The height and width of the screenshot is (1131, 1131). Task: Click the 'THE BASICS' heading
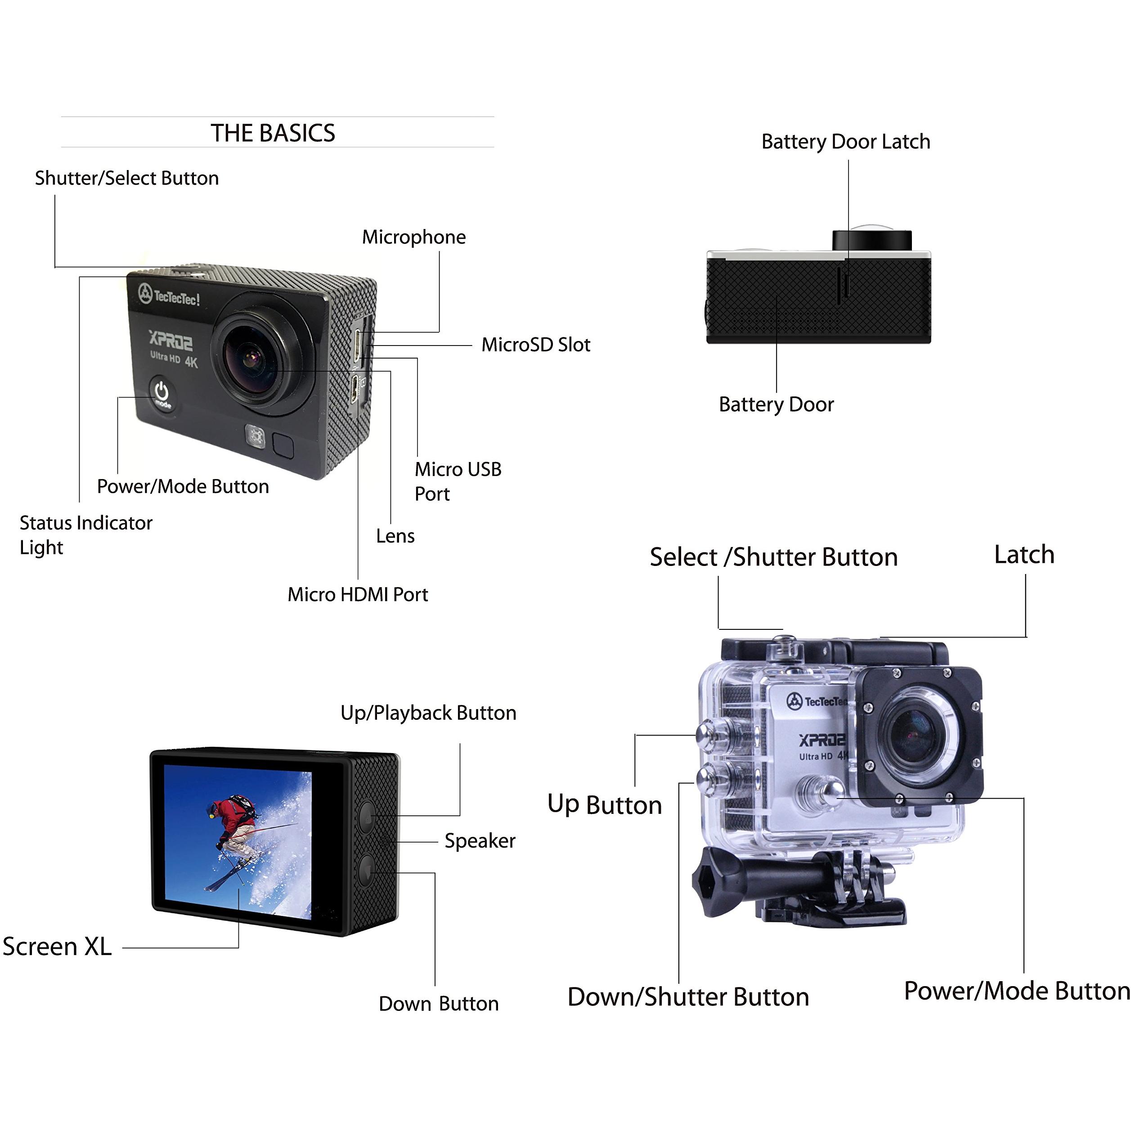coord(273,133)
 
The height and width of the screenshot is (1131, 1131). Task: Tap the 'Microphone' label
coord(414,237)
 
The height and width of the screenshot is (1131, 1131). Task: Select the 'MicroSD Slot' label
coord(536,344)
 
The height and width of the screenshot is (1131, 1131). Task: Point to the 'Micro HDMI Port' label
coord(358,594)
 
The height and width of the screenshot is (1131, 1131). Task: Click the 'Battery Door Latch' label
coord(846,142)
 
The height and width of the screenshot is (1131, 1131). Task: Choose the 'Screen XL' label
coord(57,947)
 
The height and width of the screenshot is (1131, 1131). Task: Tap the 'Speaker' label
coord(480,841)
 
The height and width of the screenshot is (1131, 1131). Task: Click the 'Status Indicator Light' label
coord(86,535)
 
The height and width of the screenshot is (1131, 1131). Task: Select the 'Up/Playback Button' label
coord(429,713)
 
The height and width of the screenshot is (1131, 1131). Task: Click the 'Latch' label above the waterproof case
coord(1024,554)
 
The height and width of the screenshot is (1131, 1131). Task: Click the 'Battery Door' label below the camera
coord(776,404)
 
